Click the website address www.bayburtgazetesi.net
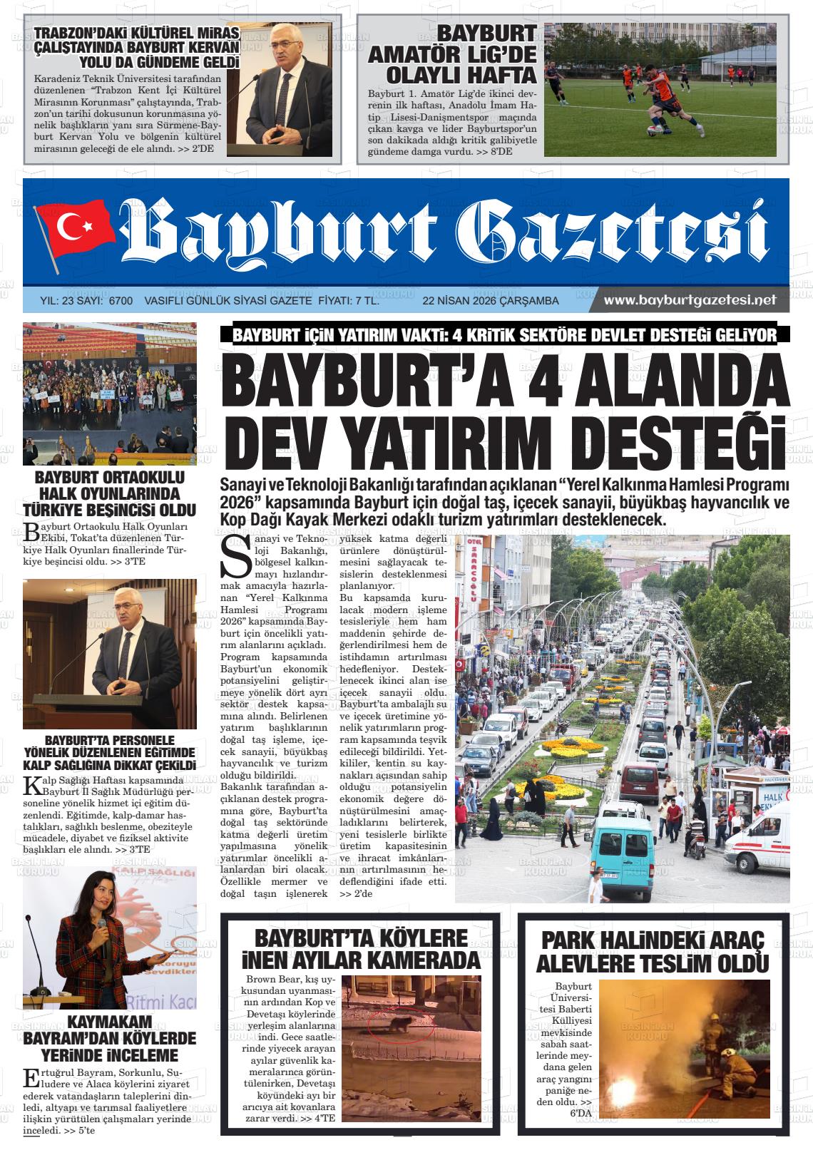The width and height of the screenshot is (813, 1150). click(x=690, y=300)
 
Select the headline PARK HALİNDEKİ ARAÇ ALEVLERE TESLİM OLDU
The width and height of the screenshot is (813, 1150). click(x=652, y=953)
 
